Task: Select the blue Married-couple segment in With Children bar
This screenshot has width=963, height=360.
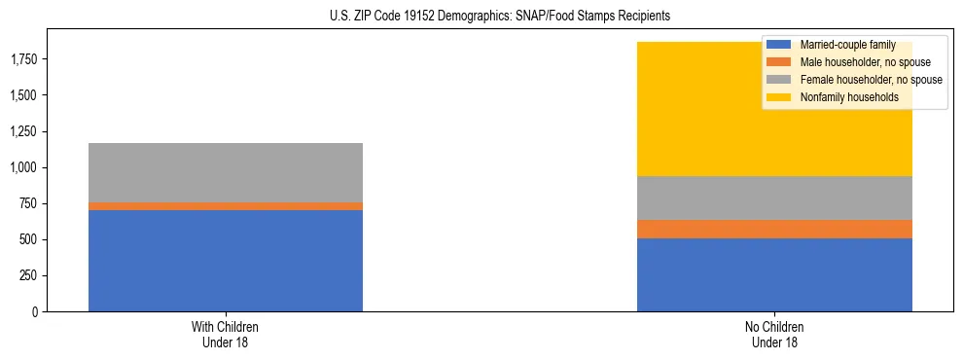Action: pos(226,260)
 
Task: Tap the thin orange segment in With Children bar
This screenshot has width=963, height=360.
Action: pos(226,206)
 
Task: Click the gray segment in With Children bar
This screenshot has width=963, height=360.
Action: pos(226,173)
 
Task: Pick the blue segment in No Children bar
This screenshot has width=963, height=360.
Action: pos(774,274)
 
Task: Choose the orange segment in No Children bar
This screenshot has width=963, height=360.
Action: pos(774,229)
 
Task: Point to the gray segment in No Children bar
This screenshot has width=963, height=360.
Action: pos(774,198)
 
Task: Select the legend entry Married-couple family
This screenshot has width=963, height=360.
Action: pos(843,45)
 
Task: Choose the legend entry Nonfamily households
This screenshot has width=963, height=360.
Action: pos(842,97)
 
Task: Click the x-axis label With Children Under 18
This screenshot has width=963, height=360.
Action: pos(226,335)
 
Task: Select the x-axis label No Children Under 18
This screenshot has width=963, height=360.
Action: pos(774,335)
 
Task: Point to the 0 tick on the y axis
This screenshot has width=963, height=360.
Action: pos(34,311)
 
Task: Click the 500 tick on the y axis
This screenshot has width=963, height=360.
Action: pos(28,239)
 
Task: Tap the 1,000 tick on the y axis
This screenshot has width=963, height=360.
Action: pos(24,167)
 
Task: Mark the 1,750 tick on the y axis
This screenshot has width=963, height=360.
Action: pos(24,59)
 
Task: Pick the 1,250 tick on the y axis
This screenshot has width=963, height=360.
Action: pos(24,131)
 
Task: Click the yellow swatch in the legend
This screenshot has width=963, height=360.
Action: pos(779,97)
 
